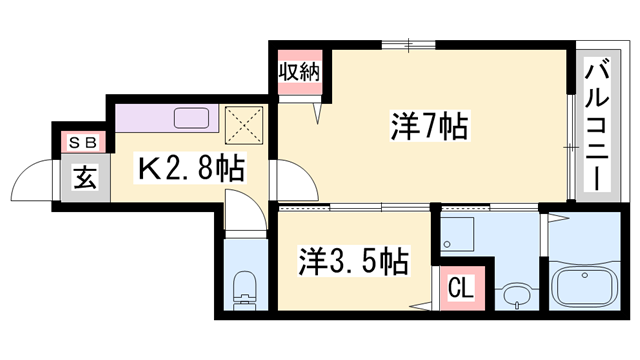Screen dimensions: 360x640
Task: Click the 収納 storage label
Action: click(298, 72)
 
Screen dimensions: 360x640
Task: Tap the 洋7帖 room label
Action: click(429, 128)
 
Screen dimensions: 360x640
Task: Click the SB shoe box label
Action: click(78, 144)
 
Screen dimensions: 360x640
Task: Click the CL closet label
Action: click(459, 290)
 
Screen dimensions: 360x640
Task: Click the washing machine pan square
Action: click(460, 233)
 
